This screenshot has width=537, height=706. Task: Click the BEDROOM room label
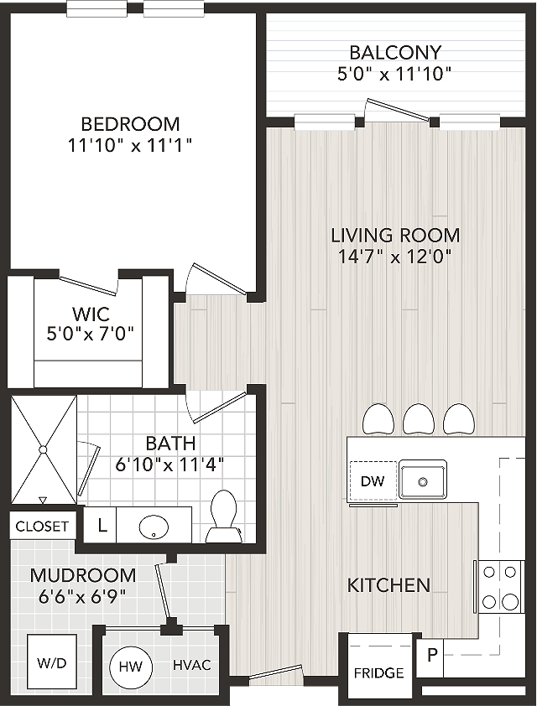pyautogui.click(x=130, y=123)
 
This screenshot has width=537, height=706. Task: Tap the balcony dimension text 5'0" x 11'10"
pyautogui.click(x=394, y=74)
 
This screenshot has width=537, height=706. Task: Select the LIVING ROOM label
pyautogui.click(x=395, y=236)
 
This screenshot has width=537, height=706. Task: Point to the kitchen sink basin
pyautogui.click(x=423, y=481)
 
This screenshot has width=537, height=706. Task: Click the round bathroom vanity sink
pyautogui.click(x=154, y=526)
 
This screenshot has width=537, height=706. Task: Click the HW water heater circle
pyautogui.click(x=131, y=667)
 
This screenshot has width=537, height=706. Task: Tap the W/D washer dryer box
pyautogui.click(x=51, y=662)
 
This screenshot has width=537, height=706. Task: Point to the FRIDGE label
pyautogui.click(x=378, y=672)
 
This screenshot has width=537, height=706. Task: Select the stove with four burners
pyautogui.click(x=500, y=587)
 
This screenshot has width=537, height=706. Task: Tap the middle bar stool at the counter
pyautogui.click(x=419, y=419)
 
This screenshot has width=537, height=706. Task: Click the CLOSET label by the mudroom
pyautogui.click(x=42, y=526)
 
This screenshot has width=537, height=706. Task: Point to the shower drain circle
pyautogui.click(x=43, y=449)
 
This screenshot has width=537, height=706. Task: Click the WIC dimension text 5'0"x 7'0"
pyautogui.click(x=91, y=334)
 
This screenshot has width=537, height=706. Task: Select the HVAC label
pyautogui.click(x=192, y=665)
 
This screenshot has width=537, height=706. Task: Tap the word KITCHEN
pyautogui.click(x=388, y=585)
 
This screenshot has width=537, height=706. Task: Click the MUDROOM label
pyautogui.click(x=83, y=575)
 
